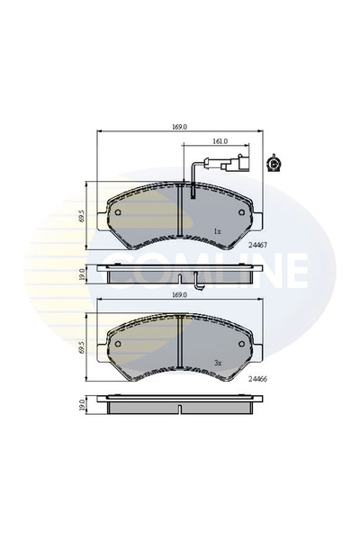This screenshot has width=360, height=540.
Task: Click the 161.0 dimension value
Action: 220,141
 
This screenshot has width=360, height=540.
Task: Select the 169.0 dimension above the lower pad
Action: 180,295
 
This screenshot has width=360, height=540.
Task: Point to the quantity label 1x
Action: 217,231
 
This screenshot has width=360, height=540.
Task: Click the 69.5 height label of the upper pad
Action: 81,217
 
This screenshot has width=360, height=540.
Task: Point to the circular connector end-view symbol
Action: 274,164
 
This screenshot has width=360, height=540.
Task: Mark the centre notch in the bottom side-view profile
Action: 180,410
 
